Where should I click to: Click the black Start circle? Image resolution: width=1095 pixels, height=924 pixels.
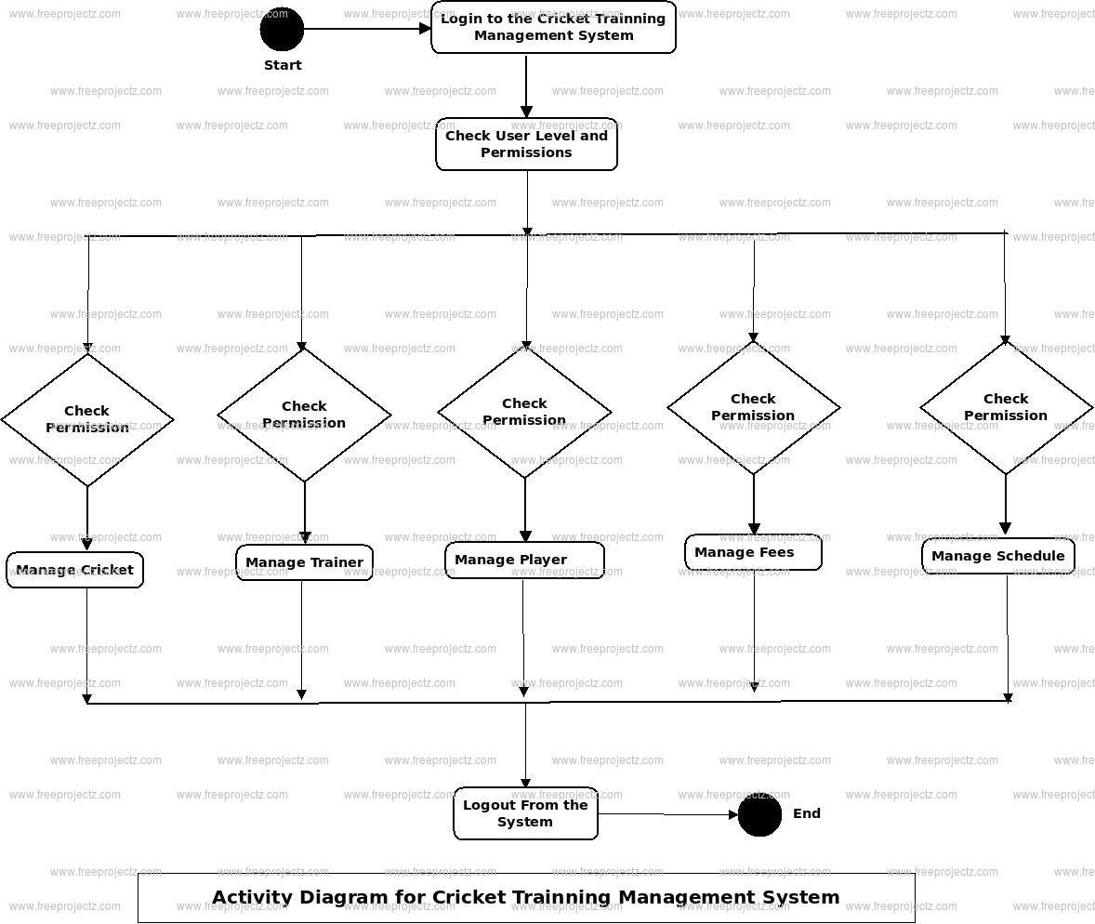[x=282, y=29]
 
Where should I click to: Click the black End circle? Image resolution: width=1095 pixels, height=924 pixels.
[x=759, y=814]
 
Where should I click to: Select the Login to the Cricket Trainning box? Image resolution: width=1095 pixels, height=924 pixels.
[x=553, y=27]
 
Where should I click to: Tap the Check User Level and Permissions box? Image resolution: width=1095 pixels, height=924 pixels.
[x=526, y=144]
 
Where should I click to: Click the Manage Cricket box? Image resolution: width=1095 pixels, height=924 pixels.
[x=75, y=570]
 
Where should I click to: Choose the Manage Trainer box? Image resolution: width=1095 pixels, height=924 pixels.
[x=304, y=562]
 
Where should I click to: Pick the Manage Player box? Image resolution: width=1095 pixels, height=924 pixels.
[x=524, y=560]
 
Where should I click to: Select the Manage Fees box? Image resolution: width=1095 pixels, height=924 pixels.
[x=753, y=552]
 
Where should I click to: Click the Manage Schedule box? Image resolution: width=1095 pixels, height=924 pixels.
[x=997, y=556]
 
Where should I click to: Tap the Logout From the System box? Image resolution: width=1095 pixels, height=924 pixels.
[x=525, y=813]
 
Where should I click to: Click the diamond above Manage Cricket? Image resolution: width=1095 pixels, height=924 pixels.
[x=87, y=419]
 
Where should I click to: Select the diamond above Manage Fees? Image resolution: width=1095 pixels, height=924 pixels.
[x=753, y=407]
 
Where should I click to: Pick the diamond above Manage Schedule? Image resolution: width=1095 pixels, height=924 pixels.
[x=1006, y=407]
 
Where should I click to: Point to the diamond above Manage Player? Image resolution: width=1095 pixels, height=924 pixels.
[x=524, y=411]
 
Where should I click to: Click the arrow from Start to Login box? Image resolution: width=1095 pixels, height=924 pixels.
[x=367, y=29]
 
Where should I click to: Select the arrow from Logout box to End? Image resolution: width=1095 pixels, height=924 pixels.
[x=667, y=814]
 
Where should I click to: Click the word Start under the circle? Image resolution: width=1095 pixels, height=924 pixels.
[x=283, y=65]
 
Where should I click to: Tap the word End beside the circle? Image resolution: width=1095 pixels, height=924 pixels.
[x=806, y=813]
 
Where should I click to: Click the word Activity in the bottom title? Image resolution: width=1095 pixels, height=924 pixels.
[x=254, y=897]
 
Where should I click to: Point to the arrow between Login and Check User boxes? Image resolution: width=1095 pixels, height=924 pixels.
[x=526, y=86]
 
